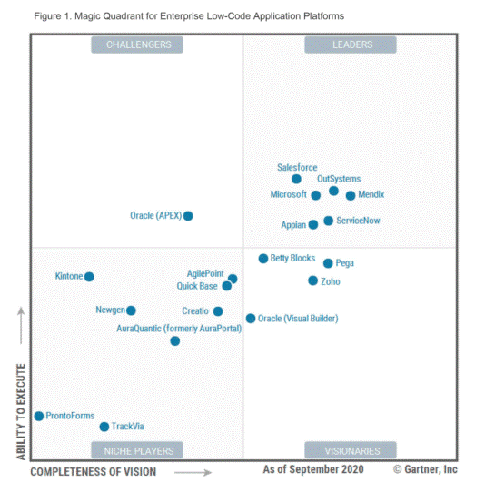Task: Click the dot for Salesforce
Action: pos(296,180)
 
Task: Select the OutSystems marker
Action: pos(333,191)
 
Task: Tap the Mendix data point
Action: pos(351,195)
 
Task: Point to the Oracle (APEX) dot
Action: pos(188,216)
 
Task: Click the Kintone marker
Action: pos(89,277)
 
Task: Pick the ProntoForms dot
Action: pos(39,417)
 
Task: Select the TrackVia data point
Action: pos(104,427)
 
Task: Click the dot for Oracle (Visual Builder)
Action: pos(251,319)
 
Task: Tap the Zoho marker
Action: pos(313,281)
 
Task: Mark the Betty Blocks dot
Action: pos(263,259)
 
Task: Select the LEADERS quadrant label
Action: pos(350,44)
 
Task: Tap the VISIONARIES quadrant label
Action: pos(350,450)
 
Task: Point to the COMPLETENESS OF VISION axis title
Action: pos(94,472)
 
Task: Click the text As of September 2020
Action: pos(313,469)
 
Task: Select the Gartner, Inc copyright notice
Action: pos(425,469)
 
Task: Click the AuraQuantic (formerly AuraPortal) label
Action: pos(179,329)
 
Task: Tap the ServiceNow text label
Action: pos(358,221)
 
